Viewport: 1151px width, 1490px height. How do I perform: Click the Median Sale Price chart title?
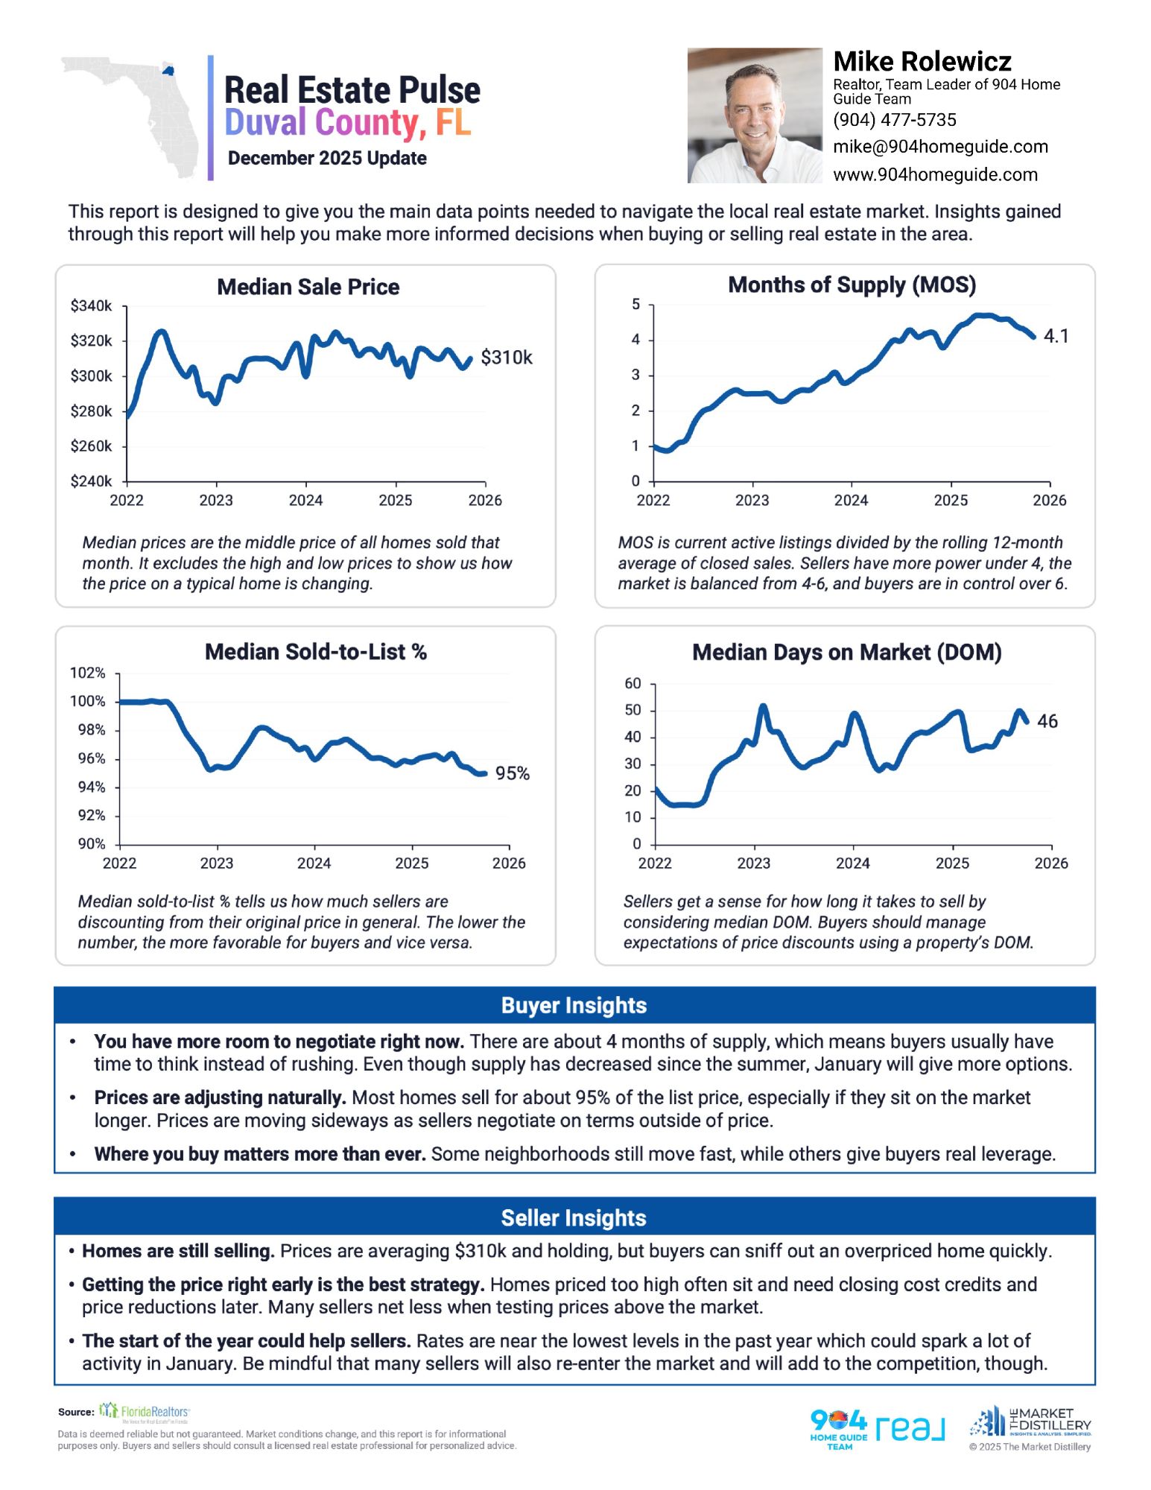pos(308,287)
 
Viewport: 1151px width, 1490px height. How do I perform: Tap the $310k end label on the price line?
pos(507,358)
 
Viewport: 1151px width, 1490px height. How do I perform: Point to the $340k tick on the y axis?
pos(91,305)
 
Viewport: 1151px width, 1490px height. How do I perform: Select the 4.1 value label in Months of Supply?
pos(1056,336)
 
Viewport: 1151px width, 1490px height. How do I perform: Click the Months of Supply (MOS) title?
pos(852,285)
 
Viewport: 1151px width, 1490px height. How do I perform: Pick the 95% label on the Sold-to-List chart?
pos(513,773)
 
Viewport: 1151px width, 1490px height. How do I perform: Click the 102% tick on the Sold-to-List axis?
pos(87,673)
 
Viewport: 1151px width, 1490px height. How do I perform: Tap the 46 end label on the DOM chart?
pos(1047,721)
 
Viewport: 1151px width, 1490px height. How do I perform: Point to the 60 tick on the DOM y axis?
pos(632,683)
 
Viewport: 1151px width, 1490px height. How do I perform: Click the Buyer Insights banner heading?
pos(574,1005)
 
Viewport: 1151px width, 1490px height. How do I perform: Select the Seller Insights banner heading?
pos(574,1217)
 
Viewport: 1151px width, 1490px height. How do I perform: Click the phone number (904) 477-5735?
pos(894,120)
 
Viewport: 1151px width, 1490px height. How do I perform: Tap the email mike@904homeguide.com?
pos(940,147)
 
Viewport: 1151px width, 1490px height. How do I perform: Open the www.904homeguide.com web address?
pos(935,174)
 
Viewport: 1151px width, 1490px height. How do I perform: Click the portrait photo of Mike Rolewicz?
pos(754,116)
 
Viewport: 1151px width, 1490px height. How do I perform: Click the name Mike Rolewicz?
pos(922,61)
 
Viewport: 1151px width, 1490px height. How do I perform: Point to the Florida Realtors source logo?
pos(145,1411)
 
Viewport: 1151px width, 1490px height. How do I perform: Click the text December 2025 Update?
pos(327,158)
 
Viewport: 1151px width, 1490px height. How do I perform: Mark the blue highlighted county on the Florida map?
pos(168,71)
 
